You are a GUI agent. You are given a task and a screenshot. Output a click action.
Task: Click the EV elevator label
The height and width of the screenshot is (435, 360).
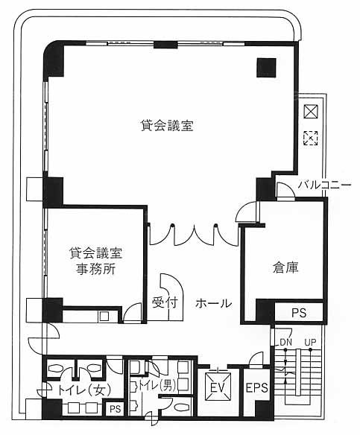tap(218, 387)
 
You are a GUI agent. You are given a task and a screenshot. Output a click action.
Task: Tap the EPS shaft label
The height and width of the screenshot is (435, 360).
tap(256, 387)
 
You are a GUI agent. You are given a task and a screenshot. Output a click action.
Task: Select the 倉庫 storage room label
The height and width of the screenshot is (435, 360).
tap(285, 267)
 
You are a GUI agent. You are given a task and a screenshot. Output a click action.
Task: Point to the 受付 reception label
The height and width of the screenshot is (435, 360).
tap(164, 302)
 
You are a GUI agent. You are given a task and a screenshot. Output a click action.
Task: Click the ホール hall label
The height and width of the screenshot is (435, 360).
tap(213, 303)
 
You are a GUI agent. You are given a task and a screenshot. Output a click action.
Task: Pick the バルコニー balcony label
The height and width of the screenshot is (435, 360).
tap(325, 185)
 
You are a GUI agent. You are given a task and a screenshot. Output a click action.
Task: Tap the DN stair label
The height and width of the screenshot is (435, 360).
tap(285, 343)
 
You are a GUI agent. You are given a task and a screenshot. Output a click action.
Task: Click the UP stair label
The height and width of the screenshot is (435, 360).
tap(310, 343)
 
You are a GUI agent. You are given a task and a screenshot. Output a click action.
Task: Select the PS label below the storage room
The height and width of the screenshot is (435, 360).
tap(299, 313)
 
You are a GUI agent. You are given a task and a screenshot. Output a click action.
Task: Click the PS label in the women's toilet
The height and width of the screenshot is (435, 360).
tap(116, 409)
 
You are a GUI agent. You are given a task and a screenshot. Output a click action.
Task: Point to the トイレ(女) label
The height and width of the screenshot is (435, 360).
tap(85, 390)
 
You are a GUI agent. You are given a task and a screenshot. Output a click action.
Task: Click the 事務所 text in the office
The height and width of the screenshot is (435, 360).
tap(95, 269)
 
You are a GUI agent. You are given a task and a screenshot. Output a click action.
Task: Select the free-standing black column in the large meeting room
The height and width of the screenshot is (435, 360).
tap(266, 68)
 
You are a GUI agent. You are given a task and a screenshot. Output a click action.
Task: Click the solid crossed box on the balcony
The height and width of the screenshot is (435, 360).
tap(311, 112)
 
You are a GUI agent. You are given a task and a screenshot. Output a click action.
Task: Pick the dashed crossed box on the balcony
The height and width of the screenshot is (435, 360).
tap(311, 138)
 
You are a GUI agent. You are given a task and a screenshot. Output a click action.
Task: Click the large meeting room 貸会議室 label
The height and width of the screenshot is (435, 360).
tap(167, 125)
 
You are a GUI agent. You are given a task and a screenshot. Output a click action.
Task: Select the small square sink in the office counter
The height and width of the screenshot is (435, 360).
tap(104, 317)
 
